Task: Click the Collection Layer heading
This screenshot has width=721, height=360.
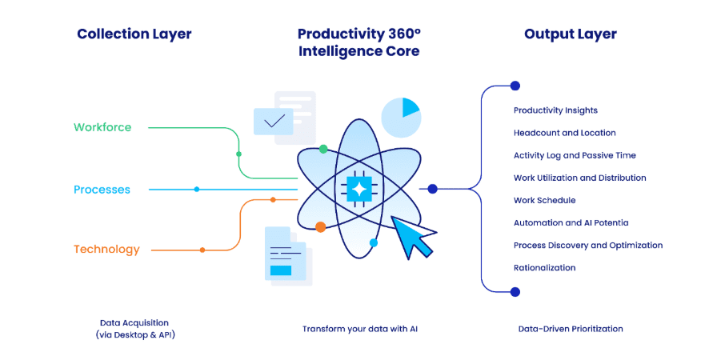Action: [x=134, y=34]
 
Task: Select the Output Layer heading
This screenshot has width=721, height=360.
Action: [x=571, y=34]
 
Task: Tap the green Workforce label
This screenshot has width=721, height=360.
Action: [x=102, y=127]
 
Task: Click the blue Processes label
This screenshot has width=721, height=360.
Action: [x=102, y=190]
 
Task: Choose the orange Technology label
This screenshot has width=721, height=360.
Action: [x=106, y=250]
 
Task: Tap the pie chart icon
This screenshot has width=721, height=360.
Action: [x=401, y=118]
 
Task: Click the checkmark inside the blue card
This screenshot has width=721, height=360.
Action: [x=275, y=121]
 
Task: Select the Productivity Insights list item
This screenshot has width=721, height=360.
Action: [x=555, y=110]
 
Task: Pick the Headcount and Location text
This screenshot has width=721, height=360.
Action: [x=565, y=133]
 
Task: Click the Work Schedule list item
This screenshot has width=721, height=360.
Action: [x=544, y=201]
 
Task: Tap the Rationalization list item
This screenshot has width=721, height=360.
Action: [x=544, y=267]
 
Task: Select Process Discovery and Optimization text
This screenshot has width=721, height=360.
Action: [x=588, y=245]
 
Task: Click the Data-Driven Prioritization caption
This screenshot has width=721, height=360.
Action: [x=571, y=329]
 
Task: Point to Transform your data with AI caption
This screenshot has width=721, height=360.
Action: [x=360, y=329]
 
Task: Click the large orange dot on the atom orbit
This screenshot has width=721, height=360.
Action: [x=321, y=226]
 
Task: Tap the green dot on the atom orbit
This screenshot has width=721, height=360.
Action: [x=323, y=149]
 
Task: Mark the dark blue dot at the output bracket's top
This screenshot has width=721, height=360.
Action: [x=515, y=86]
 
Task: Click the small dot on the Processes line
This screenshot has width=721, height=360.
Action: [x=197, y=190]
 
